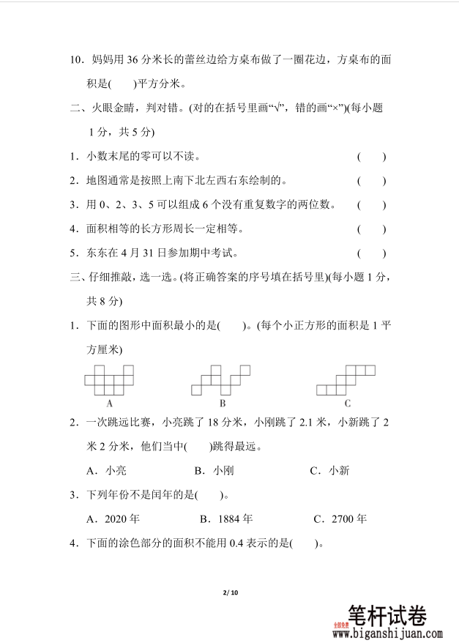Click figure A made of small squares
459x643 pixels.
pyautogui.click(x=109, y=379)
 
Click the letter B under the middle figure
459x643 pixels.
pyautogui.click(x=222, y=403)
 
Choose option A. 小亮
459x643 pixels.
pyautogui.click(x=106, y=471)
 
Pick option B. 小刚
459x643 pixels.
pyautogui.click(x=214, y=471)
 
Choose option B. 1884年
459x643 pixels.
pyautogui.click(x=226, y=519)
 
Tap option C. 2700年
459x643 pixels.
pyautogui.click(x=340, y=519)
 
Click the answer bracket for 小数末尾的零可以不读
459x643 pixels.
pyautogui.click(x=371, y=156)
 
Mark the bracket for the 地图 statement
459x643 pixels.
pyautogui.click(x=371, y=180)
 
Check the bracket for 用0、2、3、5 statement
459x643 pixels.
pyautogui.click(x=371, y=204)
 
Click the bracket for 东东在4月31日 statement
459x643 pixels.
pyautogui.click(x=371, y=253)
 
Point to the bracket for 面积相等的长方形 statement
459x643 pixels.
pyautogui.click(x=371, y=229)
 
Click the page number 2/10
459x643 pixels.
pyautogui.click(x=229, y=591)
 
